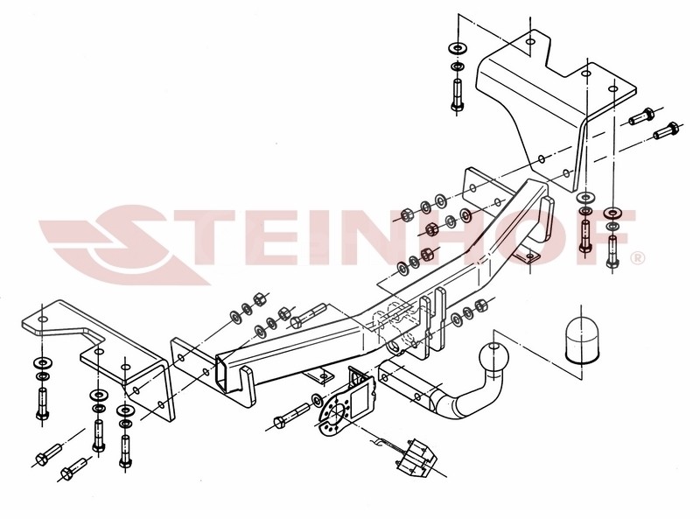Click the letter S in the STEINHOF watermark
tap(122, 245)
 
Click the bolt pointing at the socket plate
tap(292, 414)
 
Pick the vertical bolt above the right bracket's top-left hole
tap(457, 95)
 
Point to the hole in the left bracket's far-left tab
tap(42, 319)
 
